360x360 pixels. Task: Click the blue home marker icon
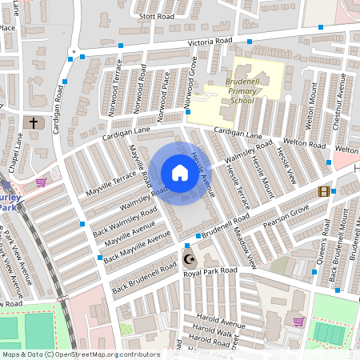pos(179,172)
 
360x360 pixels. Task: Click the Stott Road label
pos(156,16)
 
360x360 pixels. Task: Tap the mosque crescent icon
pos(189,260)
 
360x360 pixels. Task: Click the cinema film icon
pos(323,190)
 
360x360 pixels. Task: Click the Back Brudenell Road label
pos(144,277)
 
